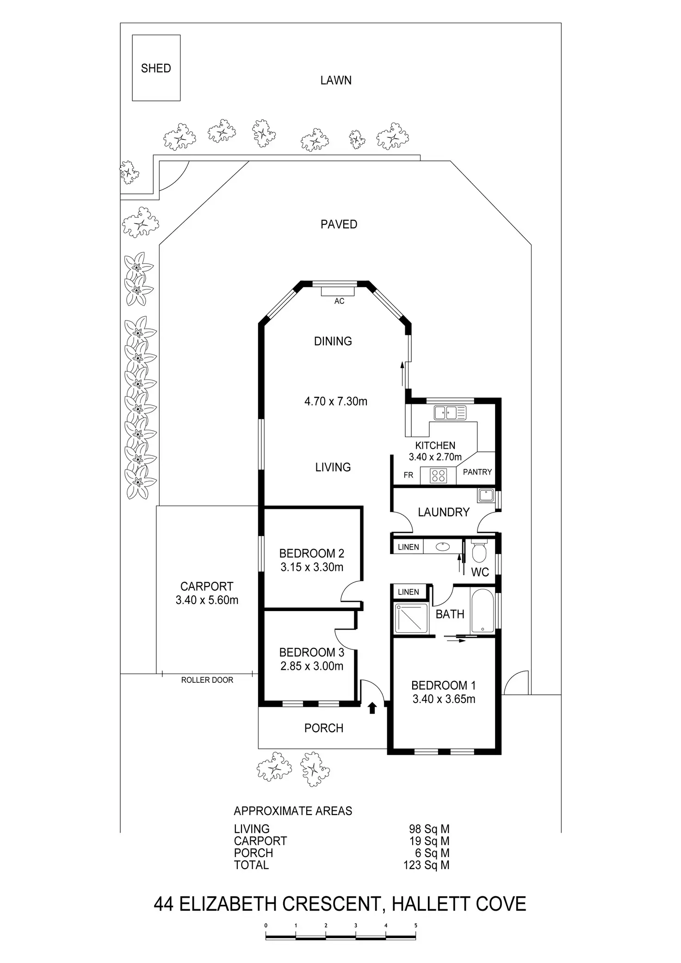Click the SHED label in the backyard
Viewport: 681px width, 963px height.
pyautogui.click(x=156, y=68)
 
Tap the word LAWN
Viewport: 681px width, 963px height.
pyautogui.click(x=336, y=80)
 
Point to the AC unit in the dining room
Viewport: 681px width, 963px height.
pyautogui.click(x=338, y=291)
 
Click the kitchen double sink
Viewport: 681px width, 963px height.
pyautogui.click(x=450, y=412)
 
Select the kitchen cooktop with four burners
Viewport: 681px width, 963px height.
pyautogui.click(x=438, y=475)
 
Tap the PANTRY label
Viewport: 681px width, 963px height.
pyautogui.click(x=477, y=472)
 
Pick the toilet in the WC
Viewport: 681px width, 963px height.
pyautogui.click(x=478, y=550)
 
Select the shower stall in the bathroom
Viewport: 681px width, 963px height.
pyautogui.click(x=411, y=618)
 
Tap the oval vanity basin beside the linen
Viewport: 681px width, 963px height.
pyautogui.click(x=443, y=547)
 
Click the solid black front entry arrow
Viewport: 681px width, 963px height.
pyautogui.click(x=372, y=708)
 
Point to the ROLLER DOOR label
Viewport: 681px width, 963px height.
pyautogui.click(x=207, y=680)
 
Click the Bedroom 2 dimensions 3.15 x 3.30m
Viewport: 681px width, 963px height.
pyautogui.click(x=312, y=567)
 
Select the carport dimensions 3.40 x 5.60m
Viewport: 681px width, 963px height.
pyautogui.click(x=207, y=600)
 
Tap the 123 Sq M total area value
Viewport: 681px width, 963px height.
pyautogui.click(x=426, y=865)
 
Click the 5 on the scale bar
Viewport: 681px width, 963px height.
pyautogui.click(x=415, y=926)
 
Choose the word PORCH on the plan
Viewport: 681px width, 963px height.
pyautogui.click(x=324, y=728)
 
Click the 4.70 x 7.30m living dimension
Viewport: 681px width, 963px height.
pyautogui.click(x=336, y=401)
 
